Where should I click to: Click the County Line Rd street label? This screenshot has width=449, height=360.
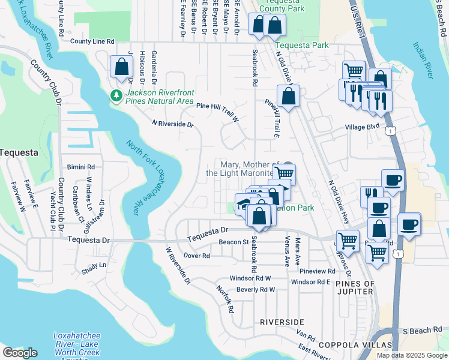tap(92, 41)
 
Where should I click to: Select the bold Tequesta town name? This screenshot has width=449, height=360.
tap(19, 152)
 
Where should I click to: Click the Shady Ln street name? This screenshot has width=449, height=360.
tap(94, 265)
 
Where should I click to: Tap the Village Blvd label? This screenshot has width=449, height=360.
tap(362, 127)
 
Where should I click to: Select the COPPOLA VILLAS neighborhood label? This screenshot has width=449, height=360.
tap(354, 345)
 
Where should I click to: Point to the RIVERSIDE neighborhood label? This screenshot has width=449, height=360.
tap(282, 322)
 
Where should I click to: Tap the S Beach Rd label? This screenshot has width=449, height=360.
tap(421, 331)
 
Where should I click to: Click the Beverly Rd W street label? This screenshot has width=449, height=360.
tap(255, 289)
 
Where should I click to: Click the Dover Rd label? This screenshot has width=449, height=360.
tap(196, 255)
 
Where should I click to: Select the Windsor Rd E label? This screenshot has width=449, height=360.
tap(311, 281)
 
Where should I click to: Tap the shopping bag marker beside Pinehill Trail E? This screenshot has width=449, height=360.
tap(288, 96)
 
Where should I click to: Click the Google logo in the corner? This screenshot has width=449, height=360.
tap(19, 353)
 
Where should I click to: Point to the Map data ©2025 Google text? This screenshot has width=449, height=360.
tap(412, 355)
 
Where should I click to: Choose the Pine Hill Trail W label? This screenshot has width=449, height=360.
tap(217, 111)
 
